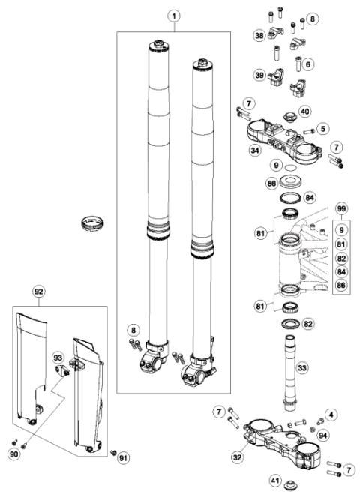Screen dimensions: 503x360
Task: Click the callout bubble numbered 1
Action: (x=173, y=15)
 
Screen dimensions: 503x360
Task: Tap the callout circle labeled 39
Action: (x=259, y=76)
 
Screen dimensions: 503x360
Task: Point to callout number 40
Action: (x=304, y=112)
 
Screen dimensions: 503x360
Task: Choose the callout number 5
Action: (x=307, y=65)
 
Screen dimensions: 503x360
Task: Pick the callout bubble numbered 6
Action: (x=307, y=65)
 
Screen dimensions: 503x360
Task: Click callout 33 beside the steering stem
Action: (x=302, y=368)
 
